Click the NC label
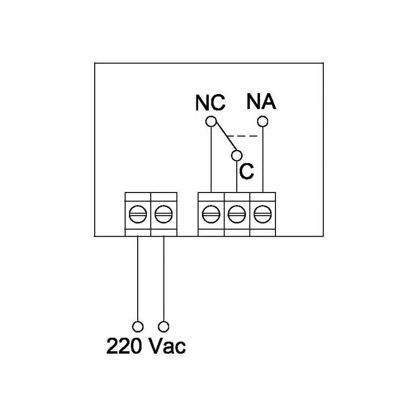[x=210, y=103]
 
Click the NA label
[x=261, y=101]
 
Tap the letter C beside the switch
[x=246, y=171]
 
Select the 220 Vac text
[x=146, y=346]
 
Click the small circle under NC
[x=211, y=121]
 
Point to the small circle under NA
[x=263, y=121]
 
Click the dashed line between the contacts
[x=245, y=136]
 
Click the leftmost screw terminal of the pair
[x=138, y=214]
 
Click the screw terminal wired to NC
[x=211, y=214]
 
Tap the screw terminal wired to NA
[x=263, y=214]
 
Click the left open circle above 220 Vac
[x=138, y=326]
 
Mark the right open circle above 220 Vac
[x=164, y=326]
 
